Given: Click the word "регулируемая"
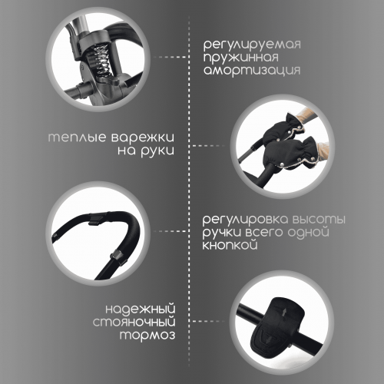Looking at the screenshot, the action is click(252, 45).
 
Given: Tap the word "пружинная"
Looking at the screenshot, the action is click(241, 58).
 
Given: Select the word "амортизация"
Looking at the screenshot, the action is click(252, 71).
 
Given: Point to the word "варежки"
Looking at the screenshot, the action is click(143, 137).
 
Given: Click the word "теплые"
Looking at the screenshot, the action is click(77, 137).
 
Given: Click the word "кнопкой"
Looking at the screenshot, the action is click(230, 244).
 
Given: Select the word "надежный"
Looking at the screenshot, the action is click(141, 309).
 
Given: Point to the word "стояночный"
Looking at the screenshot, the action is click(134, 322).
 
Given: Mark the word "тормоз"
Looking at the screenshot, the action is click(147, 335).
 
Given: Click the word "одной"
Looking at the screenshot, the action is click(308, 233).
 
